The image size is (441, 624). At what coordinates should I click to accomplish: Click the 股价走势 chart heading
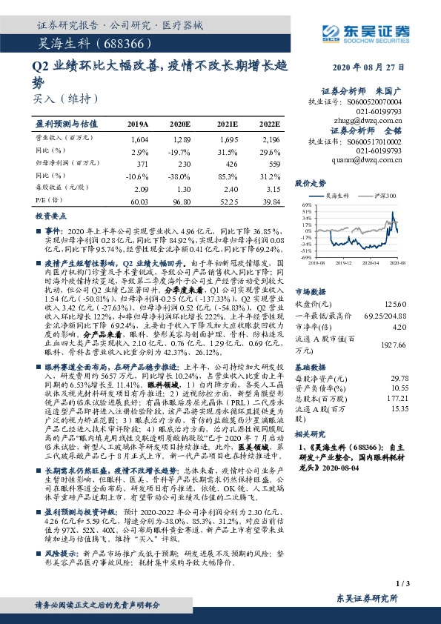click(310, 182)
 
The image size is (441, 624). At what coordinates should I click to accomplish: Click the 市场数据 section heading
click(310, 291)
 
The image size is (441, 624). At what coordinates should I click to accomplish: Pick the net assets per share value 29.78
click(399, 376)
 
